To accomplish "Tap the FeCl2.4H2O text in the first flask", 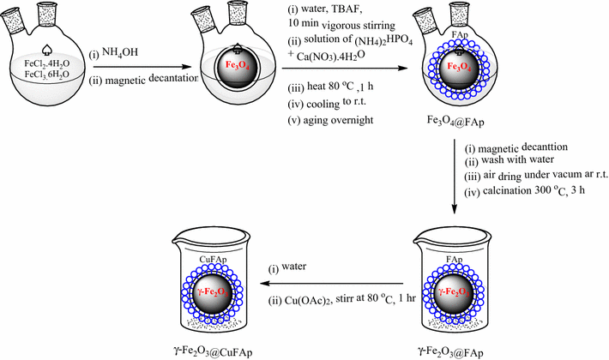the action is pyautogui.click(x=47, y=64).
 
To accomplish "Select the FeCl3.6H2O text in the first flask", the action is pyautogui.click(x=47, y=75).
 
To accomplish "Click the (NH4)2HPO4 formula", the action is pyautogui.click(x=383, y=41).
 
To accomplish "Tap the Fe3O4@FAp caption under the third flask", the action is pyautogui.click(x=455, y=122).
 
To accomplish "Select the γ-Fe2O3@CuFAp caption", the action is pyautogui.click(x=213, y=351).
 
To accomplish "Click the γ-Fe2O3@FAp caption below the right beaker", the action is pyautogui.click(x=451, y=351).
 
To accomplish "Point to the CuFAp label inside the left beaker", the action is pyautogui.click(x=214, y=260).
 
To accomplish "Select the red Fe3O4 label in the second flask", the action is pyautogui.click(x=237, y=65).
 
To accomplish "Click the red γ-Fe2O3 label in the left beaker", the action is pyautogui.click(x=210, y=292).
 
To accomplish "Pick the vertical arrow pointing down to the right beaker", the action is pyautogui.click(x=455, y=177).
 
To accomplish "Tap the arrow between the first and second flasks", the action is pyautogui.click(x=143, y=67).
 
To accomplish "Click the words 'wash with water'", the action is pyautogui.click(x=518, y=159).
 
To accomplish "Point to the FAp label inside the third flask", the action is pyautogui.click(x=460, y=35).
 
